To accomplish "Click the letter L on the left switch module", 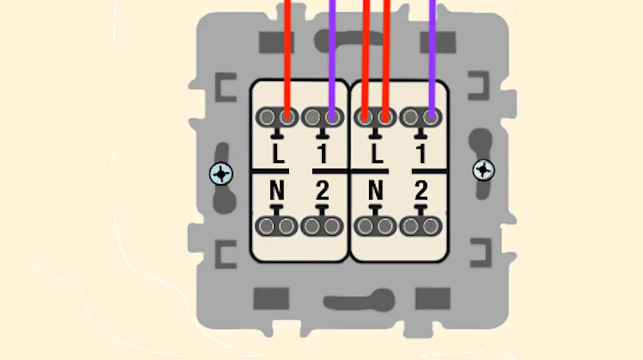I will point(278,154).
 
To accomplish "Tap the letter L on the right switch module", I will point(377,154).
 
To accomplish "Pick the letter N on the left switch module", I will point(277,191).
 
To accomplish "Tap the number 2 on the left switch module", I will point(321,191).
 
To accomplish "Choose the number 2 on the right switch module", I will point(420,191).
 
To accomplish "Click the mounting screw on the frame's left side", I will point(221,173).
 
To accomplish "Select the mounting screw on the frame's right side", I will point(483,170).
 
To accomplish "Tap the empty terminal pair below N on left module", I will point(277,226).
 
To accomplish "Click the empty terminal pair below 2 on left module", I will point(322,226).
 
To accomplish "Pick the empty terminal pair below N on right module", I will point(376,226).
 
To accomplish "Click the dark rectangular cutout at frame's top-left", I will point(277,42).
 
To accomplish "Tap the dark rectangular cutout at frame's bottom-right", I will point(432,299).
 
